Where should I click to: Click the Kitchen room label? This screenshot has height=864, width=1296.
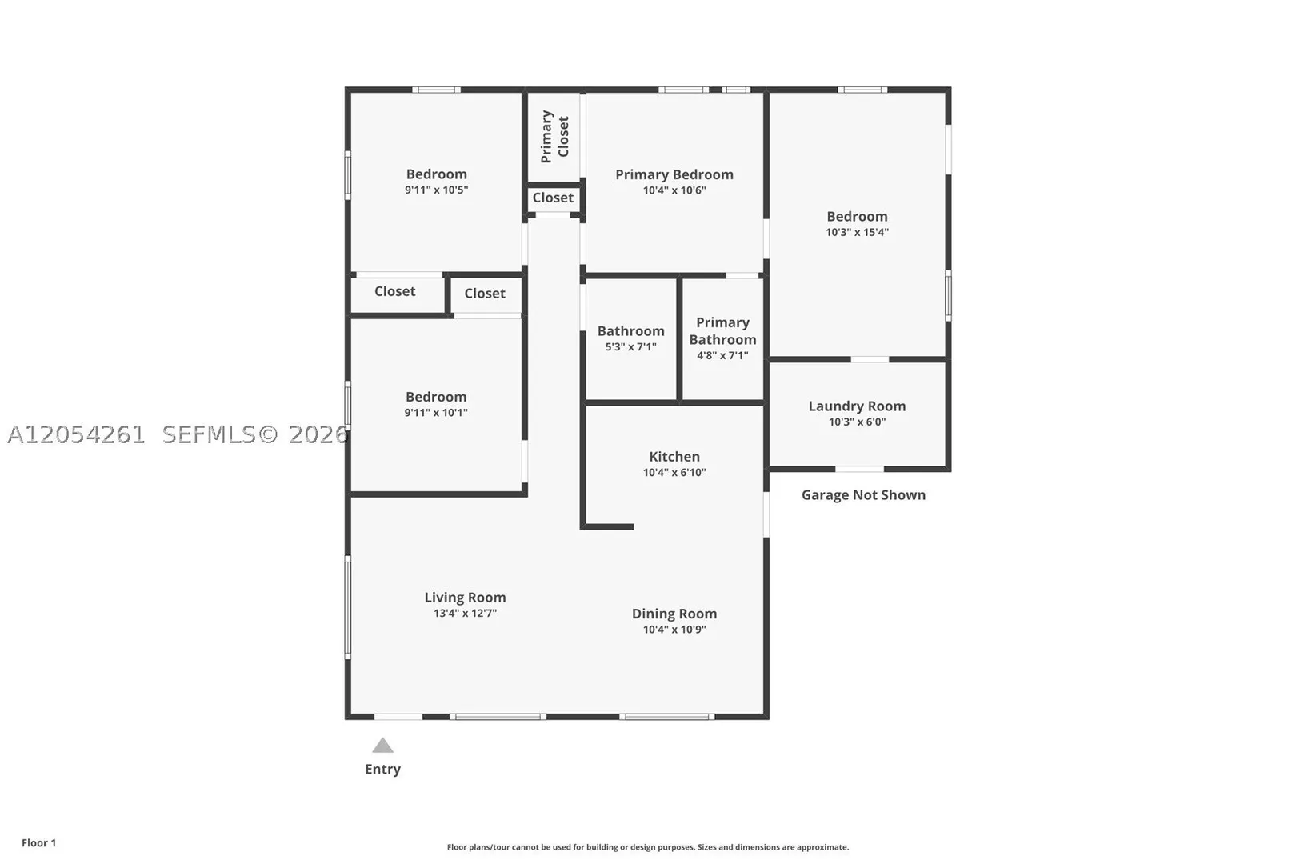674,457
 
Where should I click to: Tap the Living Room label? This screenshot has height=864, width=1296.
465,598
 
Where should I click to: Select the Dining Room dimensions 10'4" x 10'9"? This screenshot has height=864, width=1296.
674,629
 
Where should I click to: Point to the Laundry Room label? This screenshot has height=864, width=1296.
857,406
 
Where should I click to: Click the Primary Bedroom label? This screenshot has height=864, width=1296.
674,174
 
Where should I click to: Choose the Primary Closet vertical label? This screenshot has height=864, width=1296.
555,137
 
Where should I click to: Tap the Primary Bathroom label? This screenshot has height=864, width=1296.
722,331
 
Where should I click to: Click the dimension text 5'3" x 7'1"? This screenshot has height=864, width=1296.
630,346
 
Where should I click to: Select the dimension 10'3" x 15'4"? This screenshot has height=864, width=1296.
857,232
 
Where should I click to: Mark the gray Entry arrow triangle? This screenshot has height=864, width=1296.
382,746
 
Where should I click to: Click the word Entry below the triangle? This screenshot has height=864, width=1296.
382,769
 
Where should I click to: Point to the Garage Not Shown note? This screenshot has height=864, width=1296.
863,494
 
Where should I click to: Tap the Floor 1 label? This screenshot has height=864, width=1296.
38,842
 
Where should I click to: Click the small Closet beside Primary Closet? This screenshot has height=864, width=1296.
553,198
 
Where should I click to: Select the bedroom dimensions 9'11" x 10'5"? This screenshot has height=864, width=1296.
436,190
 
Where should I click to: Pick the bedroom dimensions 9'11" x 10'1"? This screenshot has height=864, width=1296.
436,413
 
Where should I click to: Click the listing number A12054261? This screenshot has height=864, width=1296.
76,434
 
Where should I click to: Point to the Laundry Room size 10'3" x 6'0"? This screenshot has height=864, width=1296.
857,422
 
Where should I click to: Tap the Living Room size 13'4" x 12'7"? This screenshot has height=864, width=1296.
465,613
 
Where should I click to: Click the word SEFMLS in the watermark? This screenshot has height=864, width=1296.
209,434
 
